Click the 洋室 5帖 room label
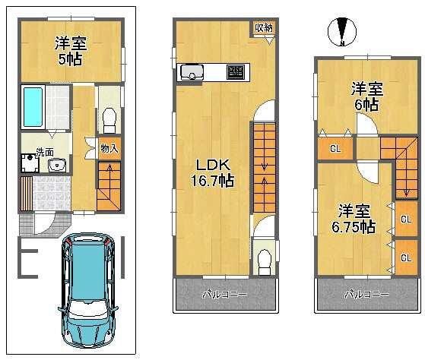tap(69, 50)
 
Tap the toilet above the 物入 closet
tap(108, 118)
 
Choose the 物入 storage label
tap(109, 149)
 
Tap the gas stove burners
tap(236, 73)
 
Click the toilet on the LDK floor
tap(262, 261)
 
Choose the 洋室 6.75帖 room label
tap(355, 217)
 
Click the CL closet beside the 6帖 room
tap(335, 149)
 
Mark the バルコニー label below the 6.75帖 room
tap(366, 294)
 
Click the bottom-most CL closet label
tap(406, 257)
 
